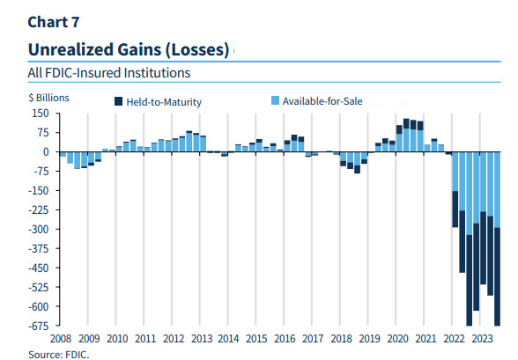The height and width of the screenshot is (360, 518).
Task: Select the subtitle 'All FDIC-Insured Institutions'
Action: [109, 73]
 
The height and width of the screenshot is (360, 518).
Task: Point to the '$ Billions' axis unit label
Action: [48, 98]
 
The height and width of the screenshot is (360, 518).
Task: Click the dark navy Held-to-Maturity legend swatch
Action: [118, 102]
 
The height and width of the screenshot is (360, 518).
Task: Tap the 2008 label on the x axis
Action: [60, 338]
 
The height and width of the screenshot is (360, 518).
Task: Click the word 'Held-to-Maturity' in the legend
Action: [164, 102]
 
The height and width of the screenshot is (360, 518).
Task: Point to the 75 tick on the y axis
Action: [41, 133]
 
